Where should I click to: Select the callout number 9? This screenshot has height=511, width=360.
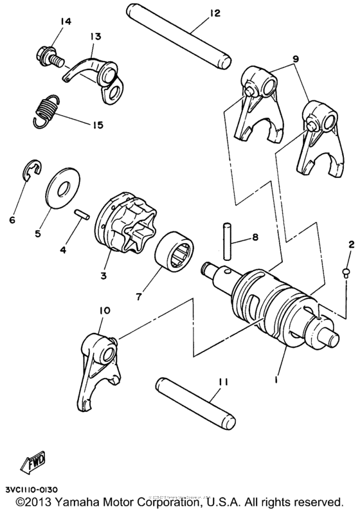[295, 58]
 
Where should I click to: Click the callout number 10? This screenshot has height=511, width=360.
[105, 311]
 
